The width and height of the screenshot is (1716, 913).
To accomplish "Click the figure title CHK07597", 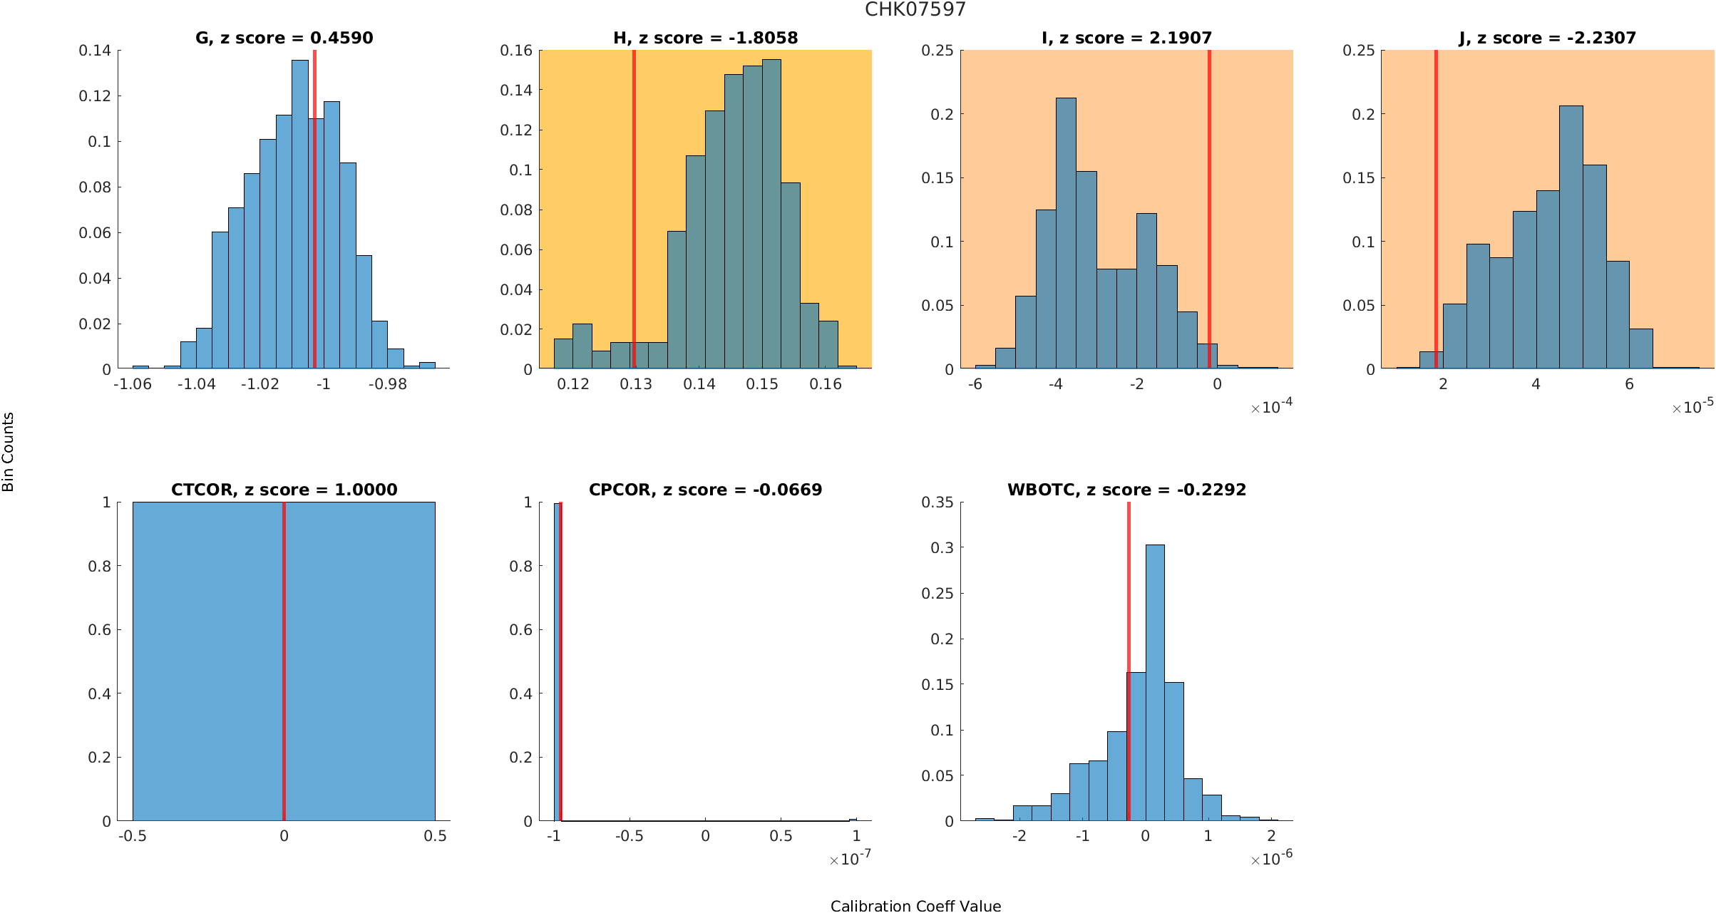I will [x=915, y=10].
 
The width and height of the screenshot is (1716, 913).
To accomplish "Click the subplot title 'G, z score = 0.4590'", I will [x=284, y=38].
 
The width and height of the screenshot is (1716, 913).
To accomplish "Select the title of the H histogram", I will [x=705, y=38].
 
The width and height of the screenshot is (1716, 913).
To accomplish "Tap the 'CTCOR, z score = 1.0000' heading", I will [x=284, y=490].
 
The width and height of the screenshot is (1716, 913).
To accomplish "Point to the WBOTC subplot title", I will [x=1126, y=490].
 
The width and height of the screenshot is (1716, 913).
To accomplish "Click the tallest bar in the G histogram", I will [x=300, y=214].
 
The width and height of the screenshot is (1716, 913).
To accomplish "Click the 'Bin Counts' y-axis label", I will [x=9, y=452].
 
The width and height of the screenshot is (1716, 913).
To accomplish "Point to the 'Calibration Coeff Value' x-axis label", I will [x=915, y=906].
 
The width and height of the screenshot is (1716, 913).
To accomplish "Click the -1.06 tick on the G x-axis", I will [x=133, y=384].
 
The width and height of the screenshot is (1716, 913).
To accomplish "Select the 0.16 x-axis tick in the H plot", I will [x=826, y=384].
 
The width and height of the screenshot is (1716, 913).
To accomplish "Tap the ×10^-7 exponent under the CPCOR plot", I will [x=850, y=859].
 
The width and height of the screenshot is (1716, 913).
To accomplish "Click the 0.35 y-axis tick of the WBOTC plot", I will [x=937, y=502].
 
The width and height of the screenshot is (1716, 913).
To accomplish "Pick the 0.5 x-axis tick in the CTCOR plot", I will [x=435, y=836].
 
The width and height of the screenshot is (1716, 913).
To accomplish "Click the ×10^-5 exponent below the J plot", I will [x=1692, y=407].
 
